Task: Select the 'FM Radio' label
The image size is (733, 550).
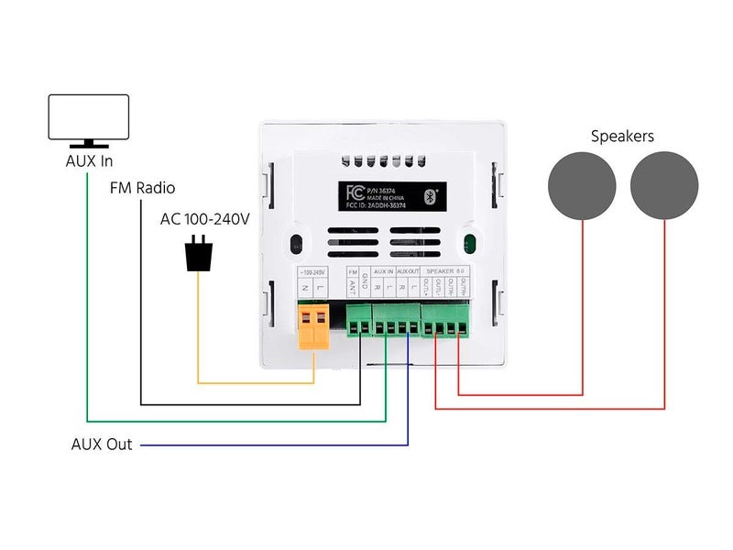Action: (x=142, y=188)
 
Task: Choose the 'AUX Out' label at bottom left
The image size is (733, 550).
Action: (x=102, y=445)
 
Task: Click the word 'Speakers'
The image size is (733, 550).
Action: (x=622, y=136)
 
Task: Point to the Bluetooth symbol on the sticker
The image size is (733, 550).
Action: (x=436, y=194)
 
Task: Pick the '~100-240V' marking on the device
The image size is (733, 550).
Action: (x=313, y=272)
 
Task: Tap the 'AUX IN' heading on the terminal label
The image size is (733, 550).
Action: (x=383, y=272)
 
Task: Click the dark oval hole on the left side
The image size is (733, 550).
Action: (x=296, y=245)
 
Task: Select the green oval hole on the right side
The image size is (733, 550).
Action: (x=468, y=245)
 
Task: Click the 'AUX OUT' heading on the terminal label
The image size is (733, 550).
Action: (x=408, y=272)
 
